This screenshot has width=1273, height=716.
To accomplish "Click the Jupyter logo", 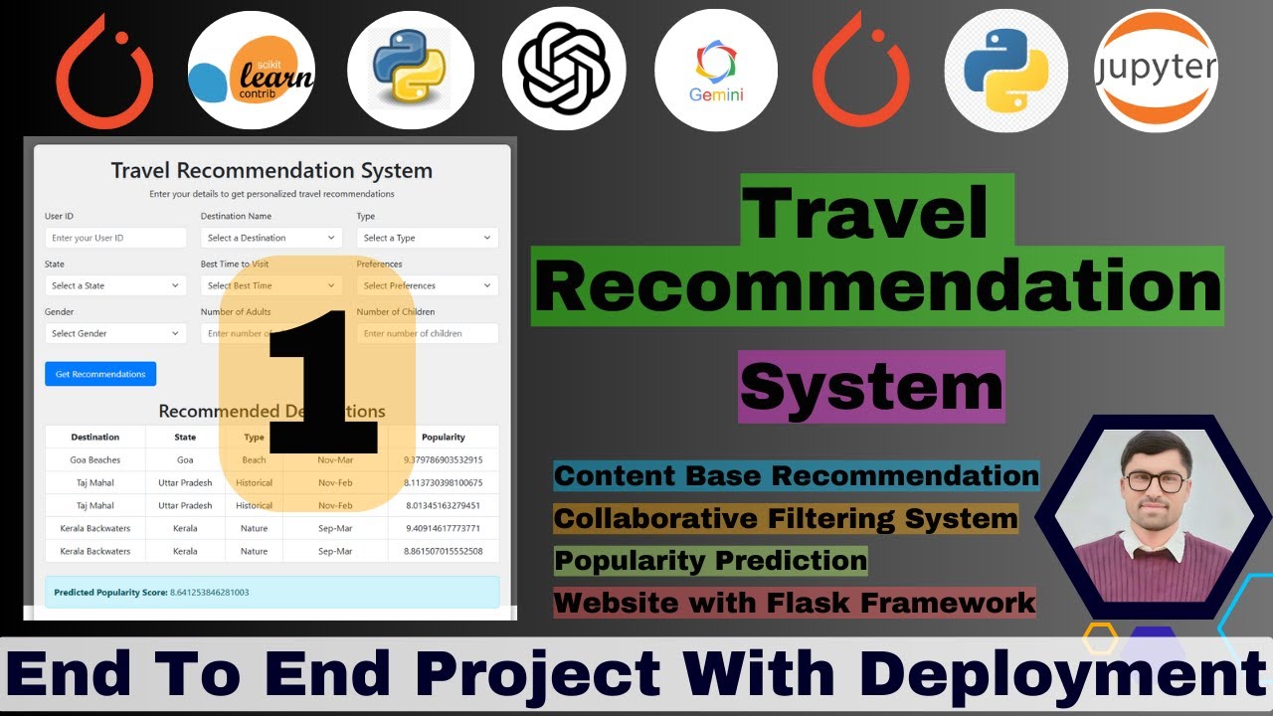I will [x=1156, y=71].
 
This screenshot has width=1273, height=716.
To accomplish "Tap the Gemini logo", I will [x=716, y=71].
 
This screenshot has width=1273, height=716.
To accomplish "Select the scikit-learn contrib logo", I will [x=252, y=71].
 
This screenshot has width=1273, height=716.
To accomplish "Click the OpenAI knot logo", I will [x=564, y=71].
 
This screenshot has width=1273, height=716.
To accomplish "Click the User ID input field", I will [x=115, y=238].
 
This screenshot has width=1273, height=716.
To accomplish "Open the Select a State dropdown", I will [x=115, y=285].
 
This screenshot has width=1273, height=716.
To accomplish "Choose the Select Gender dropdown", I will [x=115, y=333].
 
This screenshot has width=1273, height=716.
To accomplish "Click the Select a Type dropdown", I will [x=428, y=238].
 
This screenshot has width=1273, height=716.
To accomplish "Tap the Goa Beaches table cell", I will [x=95, y=460].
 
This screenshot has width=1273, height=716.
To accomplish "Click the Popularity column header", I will [x=444, y=437].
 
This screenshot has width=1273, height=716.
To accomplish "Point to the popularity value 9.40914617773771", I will [x=444, y=528].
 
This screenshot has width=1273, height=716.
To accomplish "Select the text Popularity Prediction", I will [x=710, y=561].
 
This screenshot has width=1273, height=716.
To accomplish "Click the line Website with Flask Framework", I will [x=795, y=603].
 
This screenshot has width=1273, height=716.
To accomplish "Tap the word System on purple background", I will [x=871, y=386].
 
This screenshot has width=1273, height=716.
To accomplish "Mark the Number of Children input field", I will [x=428, y=333].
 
